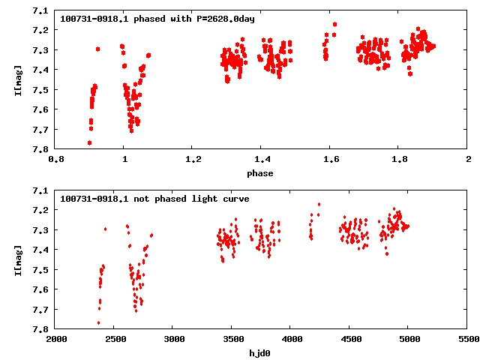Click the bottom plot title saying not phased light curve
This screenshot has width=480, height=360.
(x=154, y=199)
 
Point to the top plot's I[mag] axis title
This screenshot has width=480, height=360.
(x=17, y=79)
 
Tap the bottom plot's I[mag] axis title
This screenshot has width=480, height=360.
(x=17, y=259)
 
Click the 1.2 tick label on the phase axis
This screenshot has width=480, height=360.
(x=193, y=160)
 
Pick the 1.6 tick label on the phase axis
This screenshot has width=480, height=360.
(x=330, y=160)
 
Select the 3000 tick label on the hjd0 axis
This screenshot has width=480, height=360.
(x=173, y=340)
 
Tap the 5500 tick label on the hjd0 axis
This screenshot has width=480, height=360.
(x=468, y=340)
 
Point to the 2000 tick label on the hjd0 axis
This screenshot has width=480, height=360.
(x=55, y=340)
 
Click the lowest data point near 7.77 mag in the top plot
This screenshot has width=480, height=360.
(x=89, y=142)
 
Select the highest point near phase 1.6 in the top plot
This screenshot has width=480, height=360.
(x=334, y=24)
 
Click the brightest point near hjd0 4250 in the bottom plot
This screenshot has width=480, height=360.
(x=319, y=204)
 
